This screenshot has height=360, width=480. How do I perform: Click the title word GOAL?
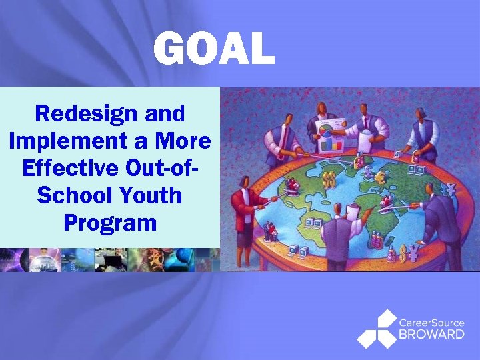click(213, 50)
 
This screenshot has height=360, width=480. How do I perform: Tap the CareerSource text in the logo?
click(431, 323)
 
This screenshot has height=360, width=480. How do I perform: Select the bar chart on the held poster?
click(331, 143)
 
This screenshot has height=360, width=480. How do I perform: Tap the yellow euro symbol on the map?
click(381, 178)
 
